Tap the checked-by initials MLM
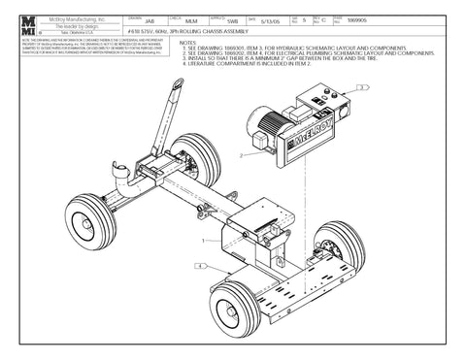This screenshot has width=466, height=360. tap(190, 20)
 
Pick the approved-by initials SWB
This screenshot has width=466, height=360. tap(232, 20)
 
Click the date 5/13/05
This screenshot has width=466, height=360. tap(269, 20)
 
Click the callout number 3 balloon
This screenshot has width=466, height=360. tap(362, 87)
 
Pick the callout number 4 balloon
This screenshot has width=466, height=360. tap(199, 264)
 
